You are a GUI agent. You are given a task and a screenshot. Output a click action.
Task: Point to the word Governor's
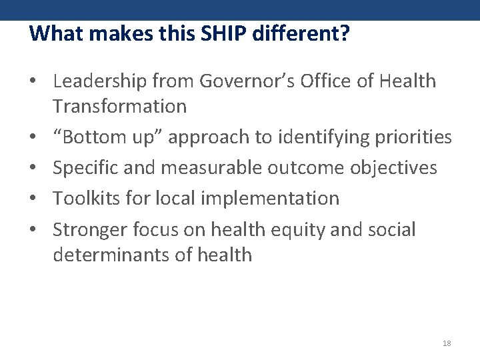[241, 81]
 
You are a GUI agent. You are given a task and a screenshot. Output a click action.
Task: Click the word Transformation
[120, 106]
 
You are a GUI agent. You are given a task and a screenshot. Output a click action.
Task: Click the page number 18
[447, 343]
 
